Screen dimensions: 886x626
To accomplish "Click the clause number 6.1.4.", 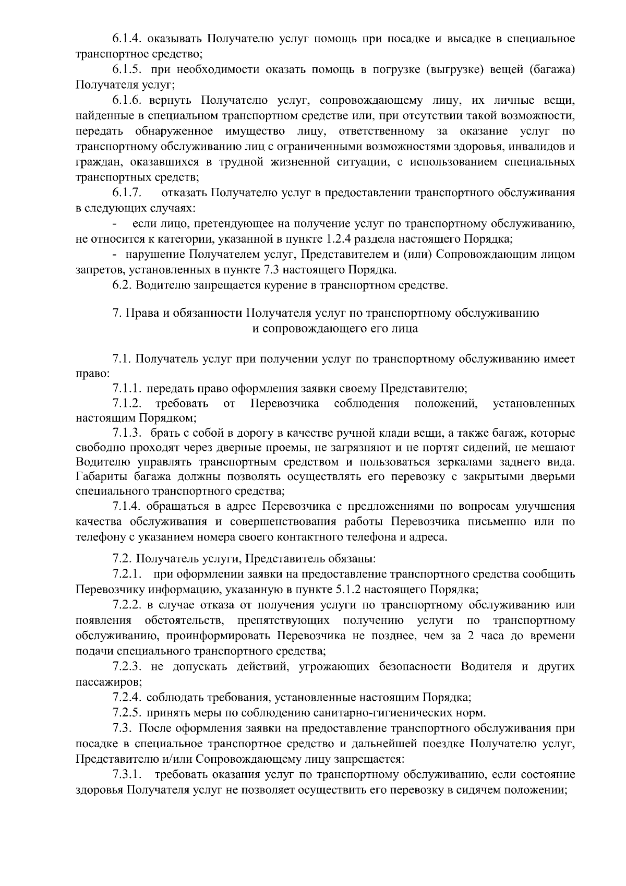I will click(127, 39).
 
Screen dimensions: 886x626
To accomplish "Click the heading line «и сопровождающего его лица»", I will click(335, 329).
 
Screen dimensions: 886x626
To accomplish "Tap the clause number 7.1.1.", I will click(127, 389).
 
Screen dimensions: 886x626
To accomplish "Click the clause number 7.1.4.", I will click(127, 506).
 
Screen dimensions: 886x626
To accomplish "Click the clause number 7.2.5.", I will click(127, 713).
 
